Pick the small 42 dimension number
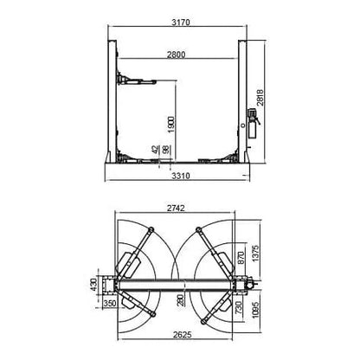(155, 149)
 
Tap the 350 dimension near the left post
(109, 305)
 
